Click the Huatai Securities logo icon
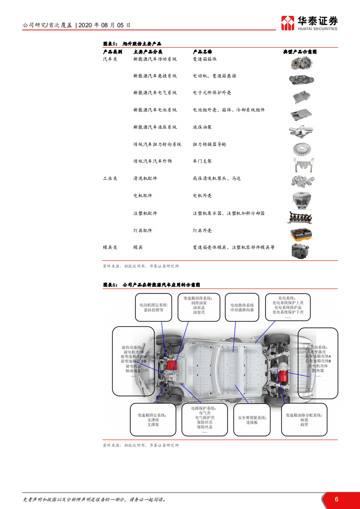pyautogui.click(x=287, y=23)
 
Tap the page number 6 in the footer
pyautogui.click(x=336, y=499)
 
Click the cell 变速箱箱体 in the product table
pyautogui.click(x=205, y=59)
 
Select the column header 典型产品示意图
pyautogui.click(x=300, y=52)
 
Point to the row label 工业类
pyautogui.click(x=110, y=178)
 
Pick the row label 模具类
pyautogui.click(x=110, y=247)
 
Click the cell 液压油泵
pyautogui.click(x=202, y=127)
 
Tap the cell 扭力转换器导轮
pyautogui.click(x=209, y=144)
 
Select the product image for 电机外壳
pyautogui.click(x=301, y=198)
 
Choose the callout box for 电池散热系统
pyautogui.click(x=242, y=307)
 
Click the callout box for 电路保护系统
pyautogui.click(x=204, y=420)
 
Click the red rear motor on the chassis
pyautogui.click(x=282, y=376)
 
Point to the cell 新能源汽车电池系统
pyautogui.click(x=155, y=110)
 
